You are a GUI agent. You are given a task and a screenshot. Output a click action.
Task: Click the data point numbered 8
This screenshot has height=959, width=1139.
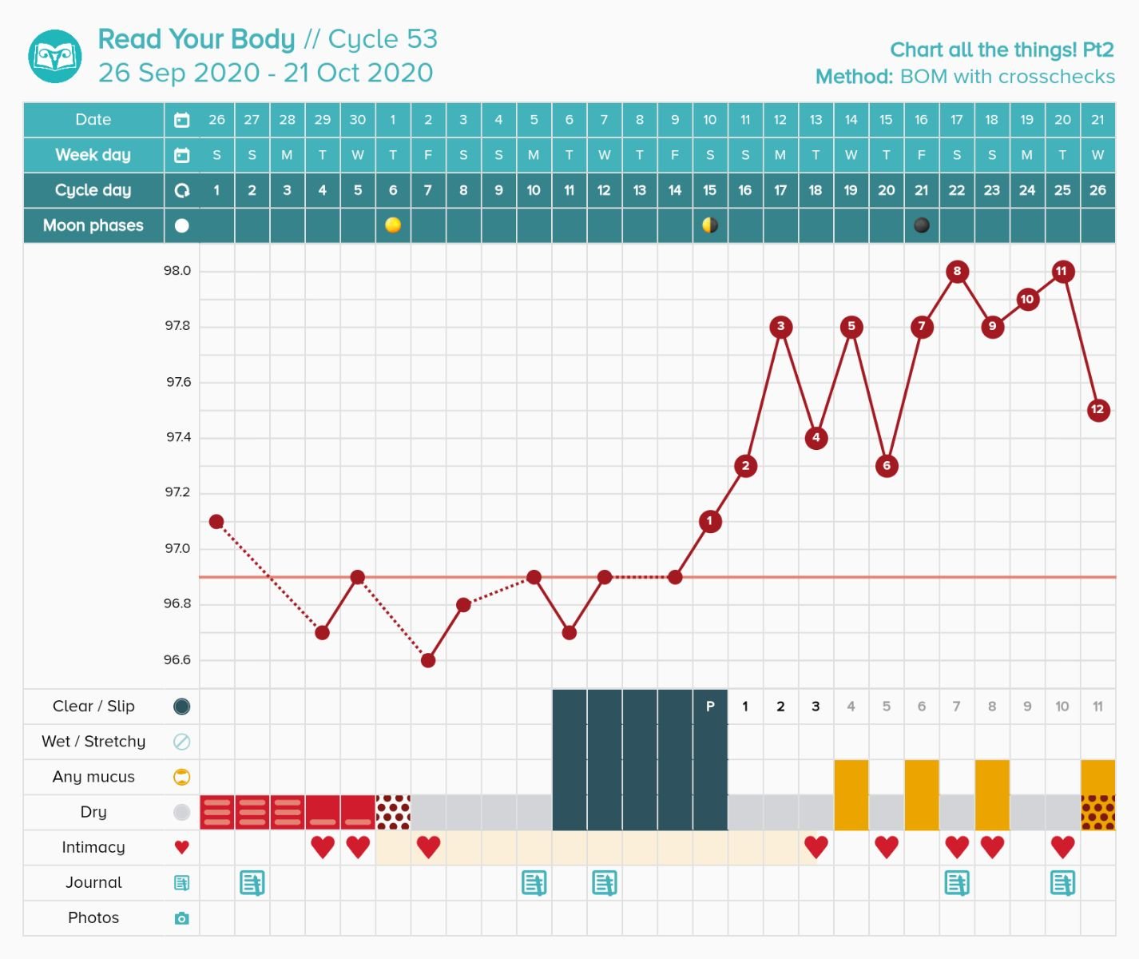957,271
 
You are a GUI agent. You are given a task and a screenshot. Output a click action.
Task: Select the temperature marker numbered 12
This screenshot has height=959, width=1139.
1097,410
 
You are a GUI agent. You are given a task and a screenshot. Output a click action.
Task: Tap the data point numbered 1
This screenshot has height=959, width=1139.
709,521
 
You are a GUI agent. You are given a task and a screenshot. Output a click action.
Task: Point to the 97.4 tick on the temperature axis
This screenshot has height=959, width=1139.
178,437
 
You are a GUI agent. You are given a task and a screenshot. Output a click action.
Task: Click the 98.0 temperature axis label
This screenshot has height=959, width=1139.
177,271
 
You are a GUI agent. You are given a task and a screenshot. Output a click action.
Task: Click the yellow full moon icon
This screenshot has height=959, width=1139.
393,225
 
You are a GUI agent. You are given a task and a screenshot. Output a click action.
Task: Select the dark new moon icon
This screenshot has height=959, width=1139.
922,225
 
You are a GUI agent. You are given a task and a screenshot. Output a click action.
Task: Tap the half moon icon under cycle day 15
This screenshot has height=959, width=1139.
709,225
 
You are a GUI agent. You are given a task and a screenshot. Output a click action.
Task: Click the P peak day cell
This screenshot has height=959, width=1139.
709,706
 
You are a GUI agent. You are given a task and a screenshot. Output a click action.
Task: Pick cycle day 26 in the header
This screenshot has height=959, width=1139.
1097,190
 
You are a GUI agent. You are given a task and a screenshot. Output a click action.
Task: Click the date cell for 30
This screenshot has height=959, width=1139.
358,120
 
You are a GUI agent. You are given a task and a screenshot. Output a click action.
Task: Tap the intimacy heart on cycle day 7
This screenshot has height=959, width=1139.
428,847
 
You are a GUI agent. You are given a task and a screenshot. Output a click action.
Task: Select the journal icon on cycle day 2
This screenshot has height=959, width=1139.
252,883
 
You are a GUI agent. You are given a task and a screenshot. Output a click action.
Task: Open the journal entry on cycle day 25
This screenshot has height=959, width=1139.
1062,883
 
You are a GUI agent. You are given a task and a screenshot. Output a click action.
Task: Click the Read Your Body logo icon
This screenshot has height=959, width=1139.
55,57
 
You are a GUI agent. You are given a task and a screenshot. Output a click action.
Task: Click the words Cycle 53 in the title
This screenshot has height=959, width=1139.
383,39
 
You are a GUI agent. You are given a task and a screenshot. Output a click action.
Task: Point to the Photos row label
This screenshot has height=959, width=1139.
93,918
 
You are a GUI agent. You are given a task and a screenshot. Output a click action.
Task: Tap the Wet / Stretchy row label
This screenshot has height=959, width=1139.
93,742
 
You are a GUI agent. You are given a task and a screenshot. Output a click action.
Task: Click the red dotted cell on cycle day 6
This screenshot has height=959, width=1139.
393,812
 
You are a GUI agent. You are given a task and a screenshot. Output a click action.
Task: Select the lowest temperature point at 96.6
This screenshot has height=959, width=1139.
428,660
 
